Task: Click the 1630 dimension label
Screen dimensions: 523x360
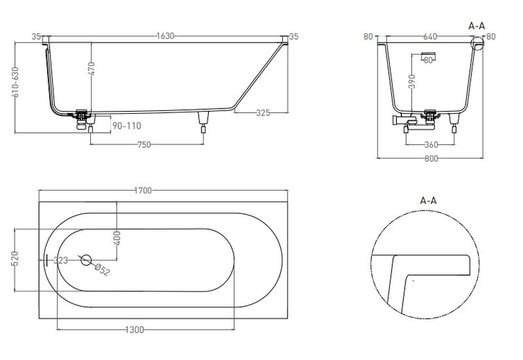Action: [x=165, y=36]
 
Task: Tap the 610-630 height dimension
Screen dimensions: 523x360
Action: [x=15, y=82]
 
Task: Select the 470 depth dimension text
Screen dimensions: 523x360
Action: [x=92, y=69]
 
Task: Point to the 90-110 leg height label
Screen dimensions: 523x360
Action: [x=127, y=125]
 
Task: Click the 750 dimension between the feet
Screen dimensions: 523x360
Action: [x=144, y=144]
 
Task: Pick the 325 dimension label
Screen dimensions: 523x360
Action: [x=263, y=112]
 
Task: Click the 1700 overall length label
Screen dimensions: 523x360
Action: [x=143, y=190]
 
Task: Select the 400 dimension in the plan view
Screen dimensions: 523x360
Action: [x=117, y=238]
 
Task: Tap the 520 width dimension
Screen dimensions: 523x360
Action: [x=15, y=259]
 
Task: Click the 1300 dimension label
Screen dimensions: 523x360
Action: [x=135, y=330]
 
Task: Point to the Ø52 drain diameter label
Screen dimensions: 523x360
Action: [x=102, y=270]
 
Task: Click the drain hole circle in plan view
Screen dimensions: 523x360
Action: [x=86, y=260]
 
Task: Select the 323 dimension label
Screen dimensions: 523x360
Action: [x=61, y=260]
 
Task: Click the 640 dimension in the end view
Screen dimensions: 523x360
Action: [x=430, y=37]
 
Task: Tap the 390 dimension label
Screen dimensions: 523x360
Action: [x=412, y=81]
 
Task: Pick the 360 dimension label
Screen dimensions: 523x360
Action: [x=431, y=144]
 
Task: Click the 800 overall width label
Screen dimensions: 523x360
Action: [x=431, y=159]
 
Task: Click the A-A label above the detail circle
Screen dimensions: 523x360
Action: [x=428, y=201]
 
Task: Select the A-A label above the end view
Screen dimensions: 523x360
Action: [x=477, y=25]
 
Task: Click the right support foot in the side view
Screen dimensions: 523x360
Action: [x=203, y=122]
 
